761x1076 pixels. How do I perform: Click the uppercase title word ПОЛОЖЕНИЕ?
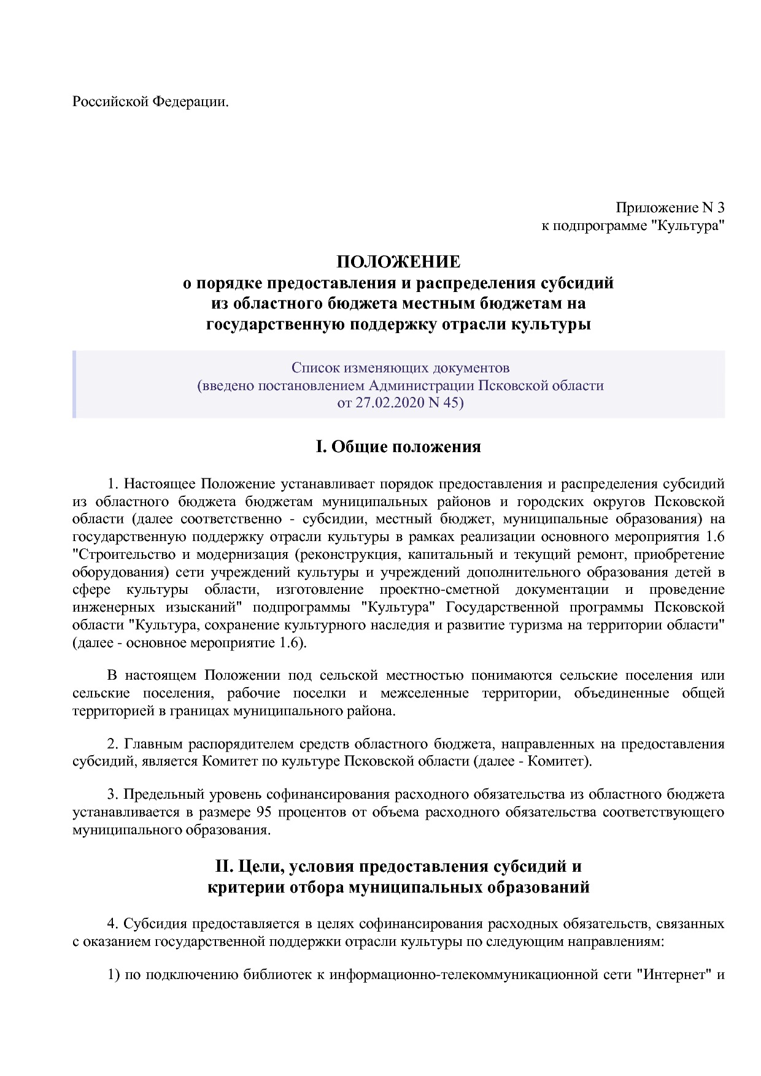(398, 262)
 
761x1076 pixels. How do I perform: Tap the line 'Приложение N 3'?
(670, 208)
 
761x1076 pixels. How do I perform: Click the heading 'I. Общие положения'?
(398, 447)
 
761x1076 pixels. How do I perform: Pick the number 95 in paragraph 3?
(263, 812)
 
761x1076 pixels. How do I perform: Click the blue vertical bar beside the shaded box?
(74, 385)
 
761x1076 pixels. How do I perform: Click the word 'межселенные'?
(424, 693)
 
